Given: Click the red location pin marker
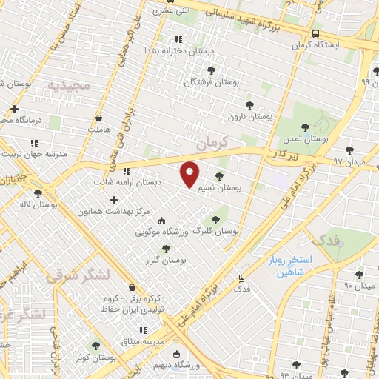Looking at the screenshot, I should [x=190, y=173].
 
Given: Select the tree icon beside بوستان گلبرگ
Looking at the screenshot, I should [x=215, y=219].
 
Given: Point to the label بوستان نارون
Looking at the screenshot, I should [x=250, y=117].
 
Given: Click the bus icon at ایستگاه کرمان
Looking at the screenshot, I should [x=316, y=33].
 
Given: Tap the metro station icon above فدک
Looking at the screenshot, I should [x=241, y=278].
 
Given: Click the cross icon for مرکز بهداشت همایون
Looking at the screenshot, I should [x=113, y=199].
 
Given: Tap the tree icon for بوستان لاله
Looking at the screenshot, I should [x=37, y=192].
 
